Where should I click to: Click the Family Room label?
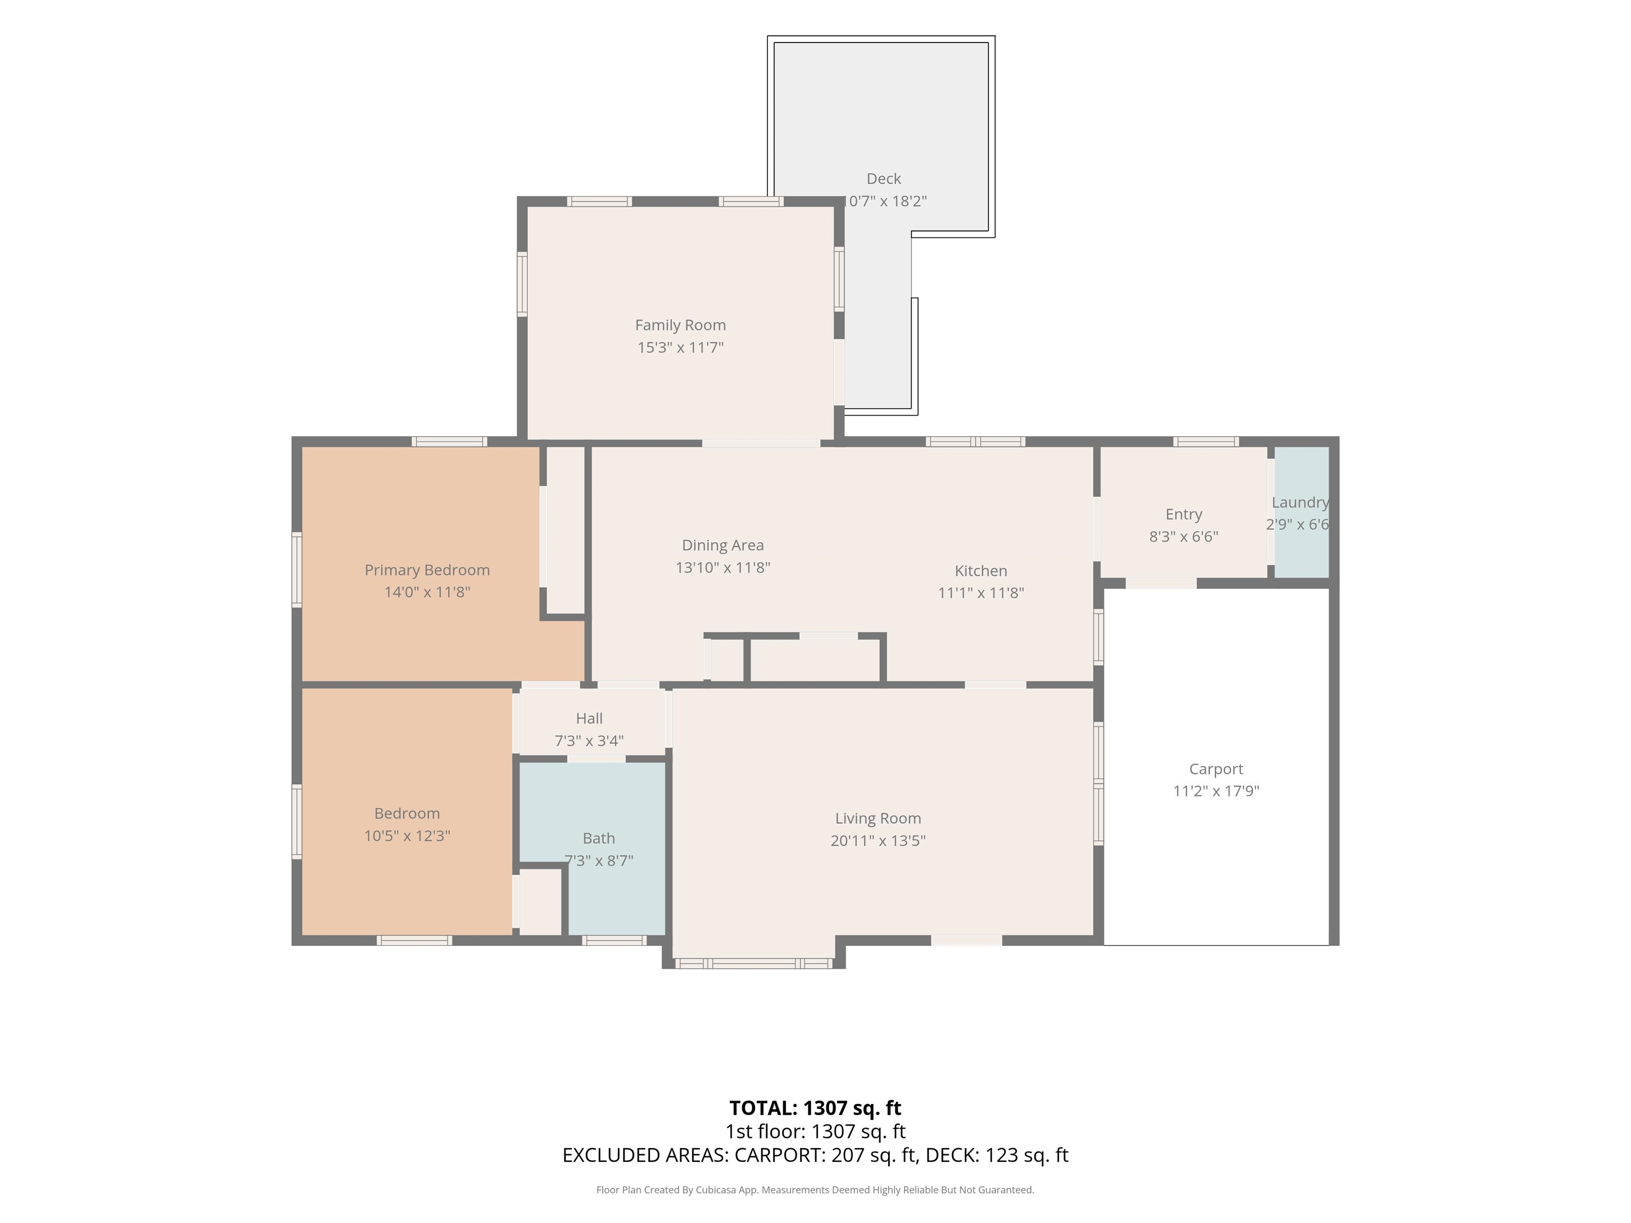pyautogui.click(x=680, y=325)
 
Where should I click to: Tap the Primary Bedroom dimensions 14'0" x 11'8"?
pyautogui.click(x=427, y=592)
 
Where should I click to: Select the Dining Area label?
pyautogui.click(x=723, y=546)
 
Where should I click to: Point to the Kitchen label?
pyautogui.click(x=981, y=571)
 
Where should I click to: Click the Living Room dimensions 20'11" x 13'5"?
pyautogui.click(x=878, y=840)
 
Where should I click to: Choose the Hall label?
pyautogui.click(x=589, y=718)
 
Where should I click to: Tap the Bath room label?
pyautogui.click(x=599, y=838)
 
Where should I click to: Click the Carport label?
pyautogui.click(x=1216, y=769)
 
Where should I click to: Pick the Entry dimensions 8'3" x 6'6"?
pyautogui.click(x=1183, y=537)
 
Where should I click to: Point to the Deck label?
pyautogui.click(x=883, y=178)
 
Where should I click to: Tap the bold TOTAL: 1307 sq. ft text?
pyautogui.click(x=815, y=1108)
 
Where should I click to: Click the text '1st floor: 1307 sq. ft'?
pyautogui.click(x=815, y=1132)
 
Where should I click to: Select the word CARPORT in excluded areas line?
pyautogui.click(x=779, y=1155)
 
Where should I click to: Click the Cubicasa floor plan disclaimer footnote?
pyautogui.click(x=815, y=1190)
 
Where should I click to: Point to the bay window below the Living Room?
pyautogui.click(x=753, y=963)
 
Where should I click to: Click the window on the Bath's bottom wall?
pyautogui.click(x=614, y=940)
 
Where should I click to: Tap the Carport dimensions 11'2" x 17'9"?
pyautogui.click(x=1216, y=791)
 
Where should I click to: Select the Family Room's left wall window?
pyautogui.click(x=522, y=285)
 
